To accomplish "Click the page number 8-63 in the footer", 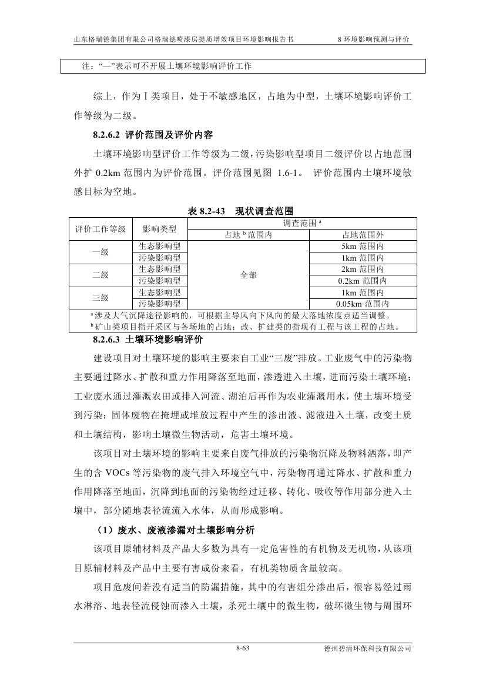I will tap(243, 649).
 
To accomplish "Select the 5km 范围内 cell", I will tap(363, 247).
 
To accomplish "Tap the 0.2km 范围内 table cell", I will tap(363, 281).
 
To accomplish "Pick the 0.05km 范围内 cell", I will tap(363, 304).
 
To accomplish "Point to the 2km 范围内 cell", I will tap(363, 270).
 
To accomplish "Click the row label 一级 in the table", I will tap(100, 252).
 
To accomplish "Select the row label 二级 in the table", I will tap(100, 275).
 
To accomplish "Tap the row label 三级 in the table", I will tap(100, 298).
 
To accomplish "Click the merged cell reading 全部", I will tap(249, 275).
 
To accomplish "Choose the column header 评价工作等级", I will tap(100, 229).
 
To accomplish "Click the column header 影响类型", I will tap(159, 229).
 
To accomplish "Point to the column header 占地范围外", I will tap(363, 235).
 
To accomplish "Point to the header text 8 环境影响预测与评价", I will tap(374, 39).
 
